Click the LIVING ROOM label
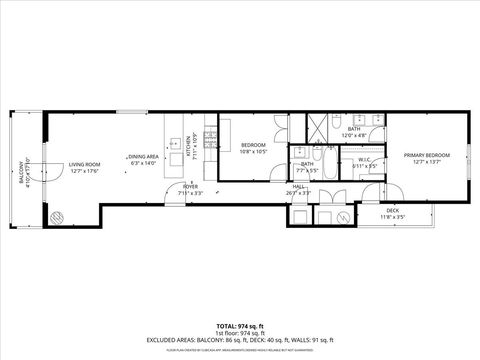click(x=83, y=165)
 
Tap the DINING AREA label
click(x=143, y=157)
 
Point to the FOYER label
click(x=190, y=187)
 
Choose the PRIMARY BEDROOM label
click(x=427, y=155)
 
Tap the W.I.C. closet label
click(x=366, y=160)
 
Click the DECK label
click(x=393, y=210)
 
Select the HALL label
click(x=298, y=187)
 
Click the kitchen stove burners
click(x=210, y=135)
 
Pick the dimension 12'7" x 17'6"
click(x=83, y=171)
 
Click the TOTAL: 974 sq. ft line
click(x=239, y=327)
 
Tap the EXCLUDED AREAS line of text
click(x=239, y=340)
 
